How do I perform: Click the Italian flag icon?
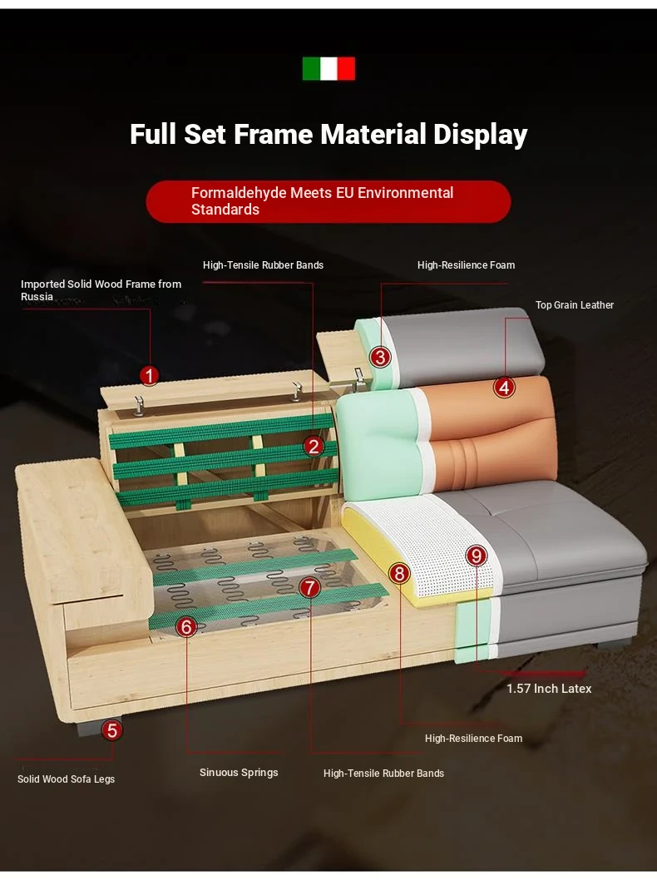pyautogui.click(x=328, y=68)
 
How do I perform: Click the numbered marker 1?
pyautogui.click(x=149, y=375)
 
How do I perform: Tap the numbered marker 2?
pyautogui.click(x=314, y=447)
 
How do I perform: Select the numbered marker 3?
pyautogui.click(x=380, y=357)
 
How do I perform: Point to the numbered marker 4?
pyautogui.click(x=504, y=388)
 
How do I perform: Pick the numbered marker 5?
pyautogui.click(x=111, y=729)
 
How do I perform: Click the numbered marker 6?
pyautogui.click(x=186, y=626)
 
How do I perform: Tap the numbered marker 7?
pyautogui.click(x=309, y=587)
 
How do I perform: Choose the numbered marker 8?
pyautogui.click(x=400, y=573)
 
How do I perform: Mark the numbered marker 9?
pyautogui.click(x=477, y=556)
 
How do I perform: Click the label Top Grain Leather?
pyautogui.click(x=574, y=304)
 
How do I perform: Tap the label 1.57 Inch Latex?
pyautogui.click(x=549, y=688)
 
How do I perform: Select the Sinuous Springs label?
pyautogui.click(x=239, y=773)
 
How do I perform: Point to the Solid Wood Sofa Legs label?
pyautogui.click(x=66, y=779)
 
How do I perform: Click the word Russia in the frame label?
pyautogui.click(x=37, y=297)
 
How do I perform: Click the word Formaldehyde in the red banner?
pyautogui.click(x=239, y=193)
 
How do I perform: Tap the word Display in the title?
pyautogui.click(x=481, y=135)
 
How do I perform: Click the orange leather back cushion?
pyautogui.click(x=491, y=434)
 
